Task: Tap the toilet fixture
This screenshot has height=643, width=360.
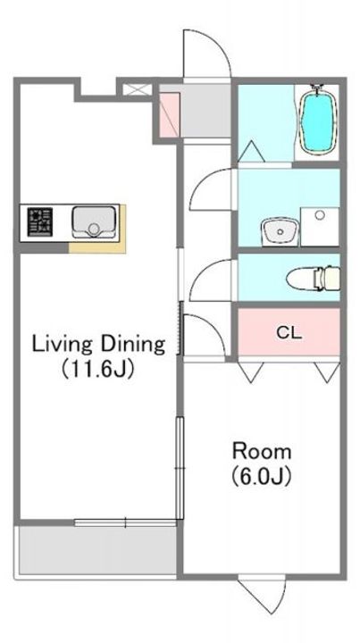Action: [314, 279]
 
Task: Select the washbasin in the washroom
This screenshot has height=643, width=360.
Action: [280, 231]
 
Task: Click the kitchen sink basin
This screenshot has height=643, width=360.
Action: [94, 221]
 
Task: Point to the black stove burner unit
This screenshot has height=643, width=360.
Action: [40, 221]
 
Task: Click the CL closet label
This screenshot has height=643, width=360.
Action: [289, 333]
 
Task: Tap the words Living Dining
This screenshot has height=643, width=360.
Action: [99, 345]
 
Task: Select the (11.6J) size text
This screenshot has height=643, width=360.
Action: [98, 370]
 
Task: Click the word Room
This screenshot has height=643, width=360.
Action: [262, 452]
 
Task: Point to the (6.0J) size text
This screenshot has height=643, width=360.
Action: [262, 476]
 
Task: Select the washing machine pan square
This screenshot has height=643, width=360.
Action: [320, 227]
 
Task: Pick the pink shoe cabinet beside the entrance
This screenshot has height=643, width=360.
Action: [170, 115]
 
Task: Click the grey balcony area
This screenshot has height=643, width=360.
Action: [97, 550]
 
